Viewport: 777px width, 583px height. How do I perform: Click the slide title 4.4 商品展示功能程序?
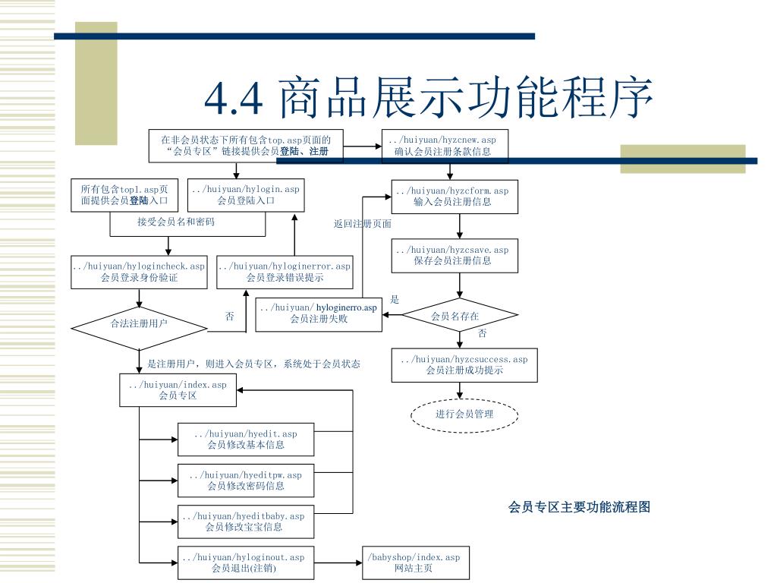(429, 99)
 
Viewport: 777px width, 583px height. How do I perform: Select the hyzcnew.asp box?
(442, 146)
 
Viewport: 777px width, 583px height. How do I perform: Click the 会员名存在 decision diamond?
(455, 316)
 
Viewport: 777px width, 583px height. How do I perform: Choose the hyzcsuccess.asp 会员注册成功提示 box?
(464, 364)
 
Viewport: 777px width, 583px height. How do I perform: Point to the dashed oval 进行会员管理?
(464, 414)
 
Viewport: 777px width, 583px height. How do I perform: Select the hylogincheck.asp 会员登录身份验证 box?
(139, 272)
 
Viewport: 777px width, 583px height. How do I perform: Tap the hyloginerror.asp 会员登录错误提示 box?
(285, 272)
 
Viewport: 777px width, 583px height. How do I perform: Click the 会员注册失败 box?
(319, 314)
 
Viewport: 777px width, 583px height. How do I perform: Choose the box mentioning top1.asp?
(129, 195)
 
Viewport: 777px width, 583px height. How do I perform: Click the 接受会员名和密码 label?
(176, 222)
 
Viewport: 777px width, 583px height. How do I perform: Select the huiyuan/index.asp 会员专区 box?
(178, 390)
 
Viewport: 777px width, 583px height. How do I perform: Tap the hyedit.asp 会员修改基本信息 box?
(246, 440)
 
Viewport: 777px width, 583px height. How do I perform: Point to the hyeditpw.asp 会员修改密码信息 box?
(246, 481)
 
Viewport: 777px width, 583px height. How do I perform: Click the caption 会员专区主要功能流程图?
(579, 507)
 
